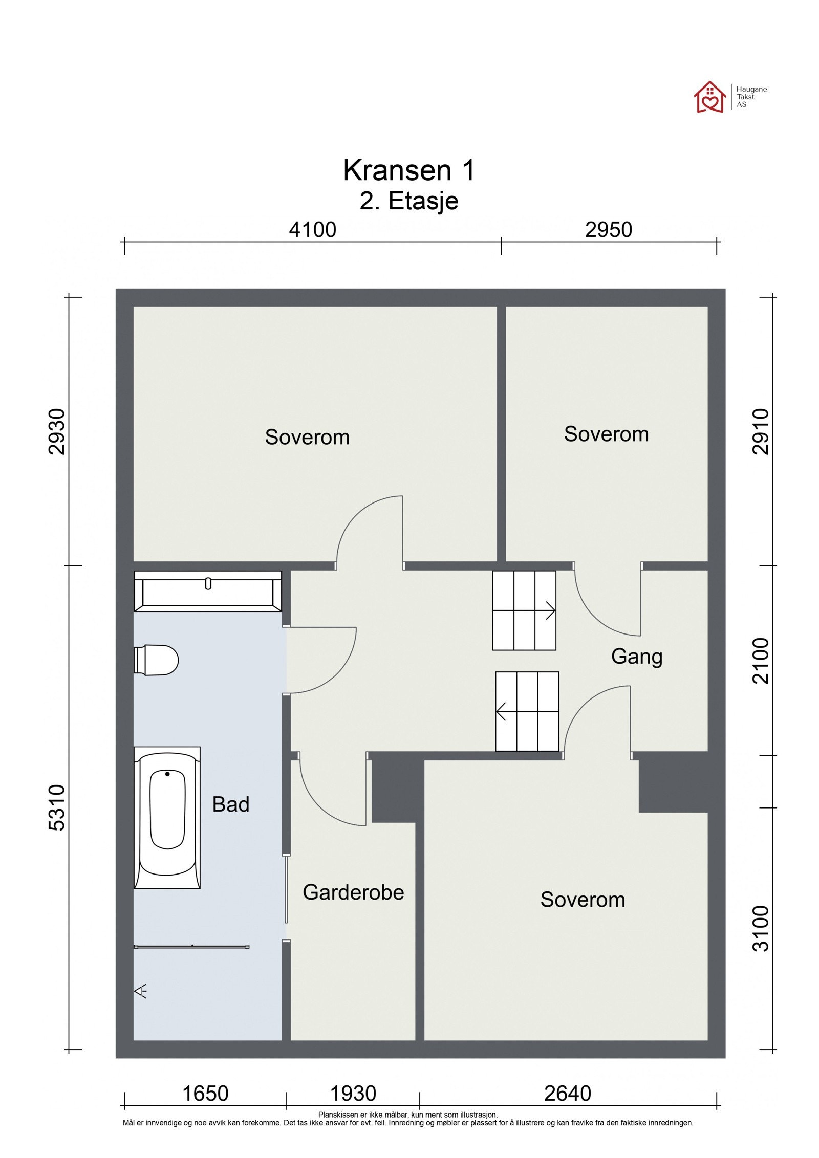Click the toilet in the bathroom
coord(156,660)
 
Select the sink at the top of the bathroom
coord(207,591)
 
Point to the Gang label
coord(636,657)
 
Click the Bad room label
coord(231,804)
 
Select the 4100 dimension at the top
coord(312,230)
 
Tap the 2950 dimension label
coord(608,230)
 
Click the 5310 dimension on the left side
coord(57,807)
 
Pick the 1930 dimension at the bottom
coord(353,1094)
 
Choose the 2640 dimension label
coord(567,1094)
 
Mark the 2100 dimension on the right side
coord(761,661)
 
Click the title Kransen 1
coord(409,170)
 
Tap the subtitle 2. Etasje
coord(409,201)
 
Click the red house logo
coord(709,96)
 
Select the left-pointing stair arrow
coord(527,711)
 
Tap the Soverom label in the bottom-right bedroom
coord(583,900)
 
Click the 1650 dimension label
coord(205,1094)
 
